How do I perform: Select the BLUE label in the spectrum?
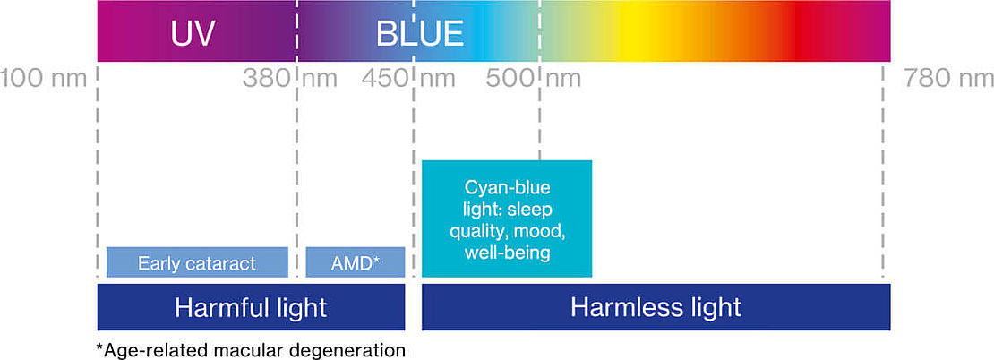pyautogui.click(x=420, y=33)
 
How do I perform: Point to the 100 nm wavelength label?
pyautogui.click(x=43, y=79)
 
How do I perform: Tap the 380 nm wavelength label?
pyautogui.click(x=290, y=79)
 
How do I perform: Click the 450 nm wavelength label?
pyautogui.click(x=408, y=79)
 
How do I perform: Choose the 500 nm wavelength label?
pyautogui.click(x=534, y=79)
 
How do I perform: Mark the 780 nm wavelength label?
pyautogui.click(x=948, y=79)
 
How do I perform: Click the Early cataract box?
pyautogui.click(x=197, y=262)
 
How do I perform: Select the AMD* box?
pyautogui.click(x=355, y=262)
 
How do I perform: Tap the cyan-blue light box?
pyautogui.click(x=507, y=219)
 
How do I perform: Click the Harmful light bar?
pyautogui.click(x=251, y=307)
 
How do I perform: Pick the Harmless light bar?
pyautogui.click(x=656, y=307)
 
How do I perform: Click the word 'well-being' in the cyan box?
pyautogui.click(x=507, y=253)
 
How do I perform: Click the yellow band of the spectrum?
pyautogui.click(x=634, y=31)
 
